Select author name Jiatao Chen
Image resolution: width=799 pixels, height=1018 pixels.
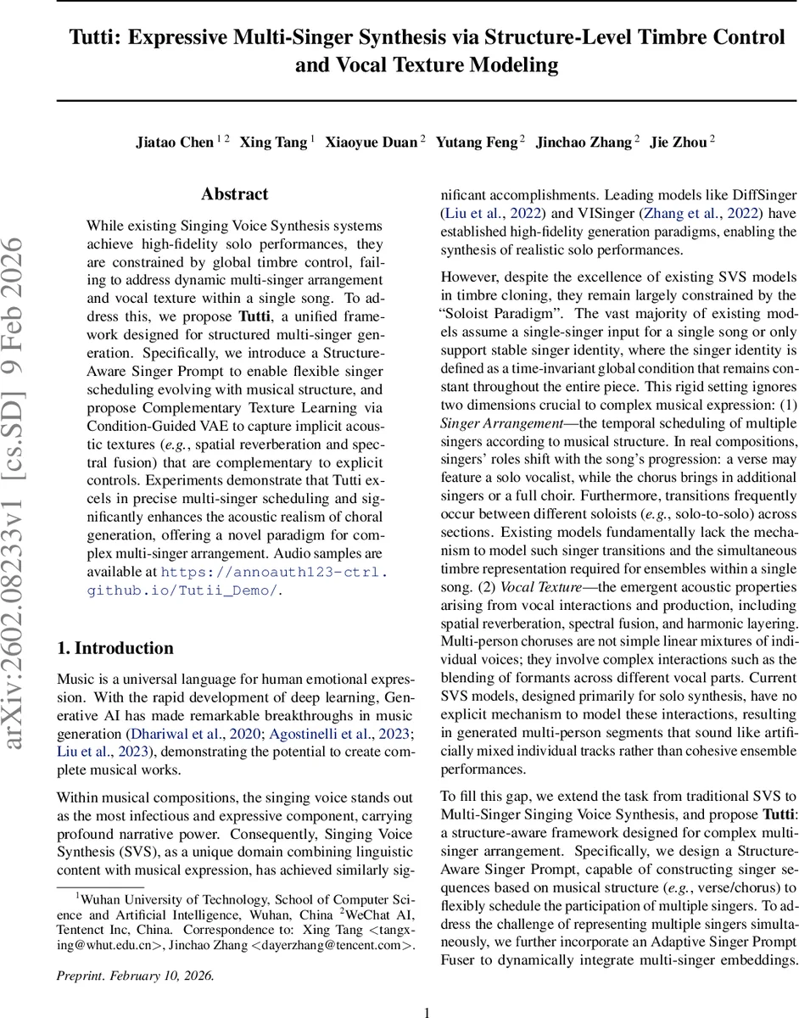pyautogui.click(x=174, y=143)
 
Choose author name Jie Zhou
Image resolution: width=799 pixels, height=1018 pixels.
pyautogui.click(x=678, y=143)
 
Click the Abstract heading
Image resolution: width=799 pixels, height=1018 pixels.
pyautogui.click(x=235, y=194)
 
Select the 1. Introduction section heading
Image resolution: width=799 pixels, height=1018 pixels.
pyautogui.click(x=115, y=648)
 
